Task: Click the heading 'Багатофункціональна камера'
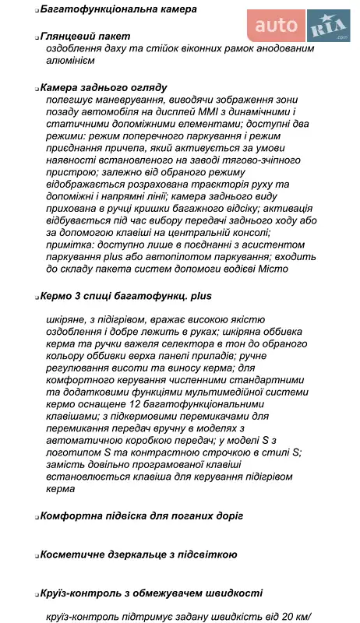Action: pyautogui.click(x=107, y=9)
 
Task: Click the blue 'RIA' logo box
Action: pyautogui.click(x=328, y=27)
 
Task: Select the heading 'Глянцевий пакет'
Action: pyautogui.click(x=85, y=37)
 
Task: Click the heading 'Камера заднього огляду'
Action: pyautogui.click(x=103, y=88)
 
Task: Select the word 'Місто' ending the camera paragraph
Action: pyautogui.click(x=273, y=268)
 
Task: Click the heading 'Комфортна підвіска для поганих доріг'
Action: pyautogui.click(x=141, y=516)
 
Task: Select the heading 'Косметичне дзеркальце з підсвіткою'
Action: pyautogui.click(x=138, y=554)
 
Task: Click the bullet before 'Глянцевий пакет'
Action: pyautogui.click(x=36, y=37)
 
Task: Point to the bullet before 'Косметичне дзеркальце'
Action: pyautogui.click(x=36, y=555)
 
